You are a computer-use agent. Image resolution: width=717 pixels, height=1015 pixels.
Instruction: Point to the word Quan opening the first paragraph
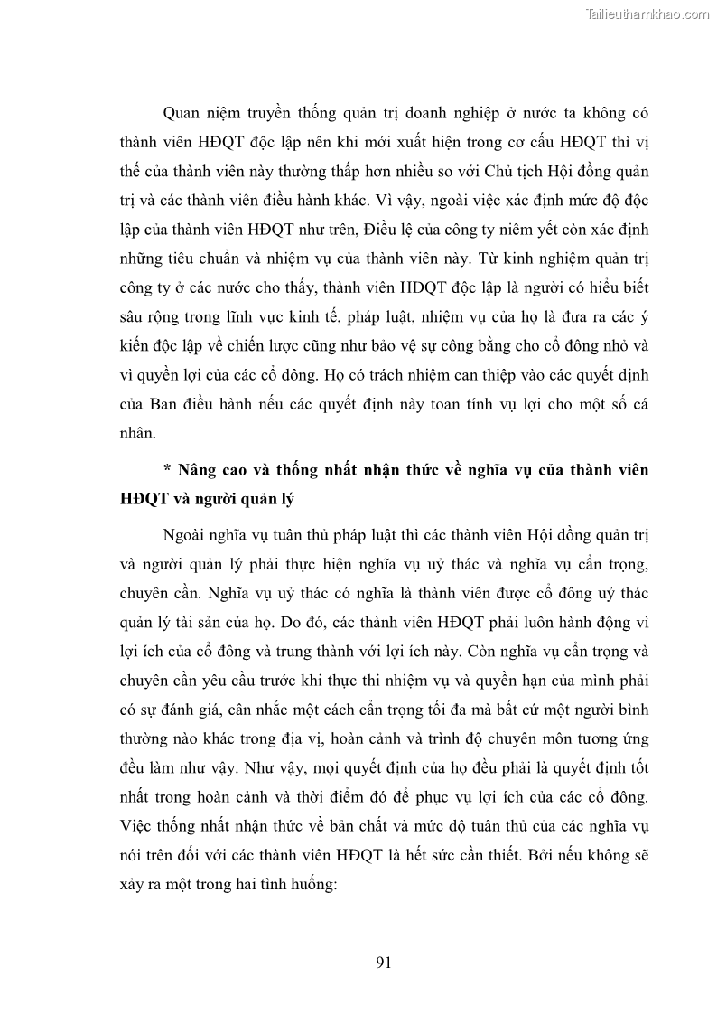(x=182, y=113)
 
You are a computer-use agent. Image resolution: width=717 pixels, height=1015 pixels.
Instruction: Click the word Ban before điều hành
(x=168, y=402)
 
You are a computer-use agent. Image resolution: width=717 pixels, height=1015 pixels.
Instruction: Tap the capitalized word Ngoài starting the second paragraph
(x=186, y=534)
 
